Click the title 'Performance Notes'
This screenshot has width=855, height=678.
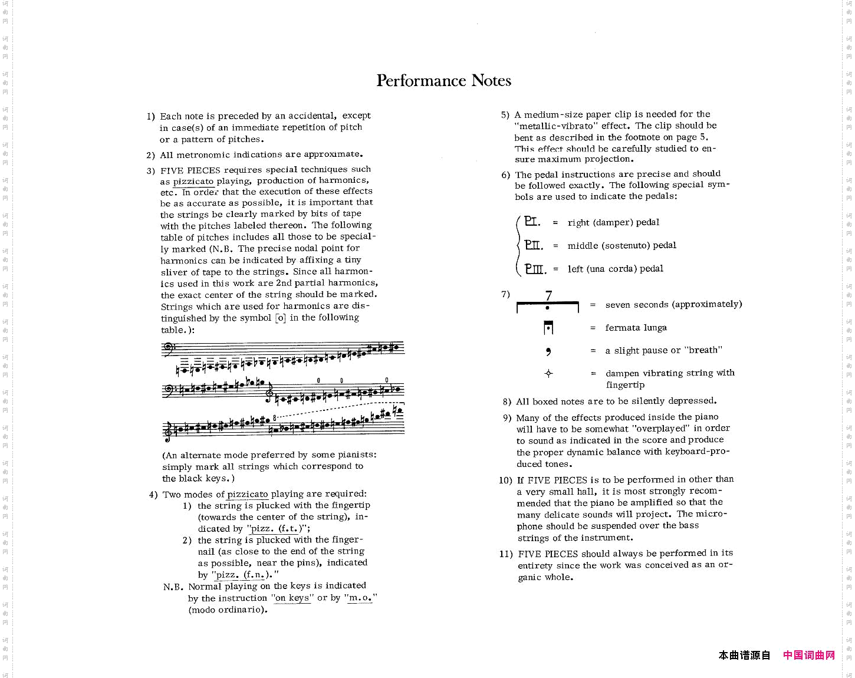coord(443,81)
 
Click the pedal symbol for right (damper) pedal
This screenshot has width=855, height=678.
coord(532,222)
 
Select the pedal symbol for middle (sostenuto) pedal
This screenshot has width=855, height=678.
coord(534,245)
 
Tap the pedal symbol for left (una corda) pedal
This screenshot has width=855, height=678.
coord(535,269)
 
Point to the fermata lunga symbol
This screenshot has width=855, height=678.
coord(548,328)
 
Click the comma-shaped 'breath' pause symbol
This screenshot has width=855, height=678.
coord(548,351)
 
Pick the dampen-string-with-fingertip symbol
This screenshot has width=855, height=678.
coord(548,373)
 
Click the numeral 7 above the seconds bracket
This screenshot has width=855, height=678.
coord(548,295)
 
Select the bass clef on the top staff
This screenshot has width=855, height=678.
coord(167,348)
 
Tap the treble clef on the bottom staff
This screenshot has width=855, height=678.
coord(167,431)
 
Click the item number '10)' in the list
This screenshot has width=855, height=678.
coord(505,480)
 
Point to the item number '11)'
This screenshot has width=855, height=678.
coord(506,554)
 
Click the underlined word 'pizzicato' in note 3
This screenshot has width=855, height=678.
coord(193,182)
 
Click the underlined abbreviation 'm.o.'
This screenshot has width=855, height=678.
coord(360,598)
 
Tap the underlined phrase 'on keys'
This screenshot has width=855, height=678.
coord(292,598)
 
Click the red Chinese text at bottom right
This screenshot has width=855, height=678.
coord(809,655)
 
